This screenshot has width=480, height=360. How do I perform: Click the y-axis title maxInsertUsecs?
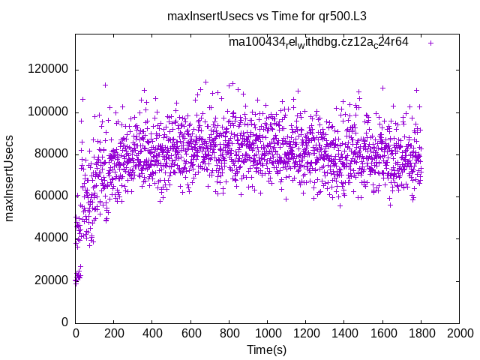pyautogui.click(x=10, y=178)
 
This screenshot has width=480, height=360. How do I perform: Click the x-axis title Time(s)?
pyautogui.click(x=266, y=349)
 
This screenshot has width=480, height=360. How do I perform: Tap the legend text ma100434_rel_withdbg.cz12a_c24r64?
pyautogui.click(x=318, y=42)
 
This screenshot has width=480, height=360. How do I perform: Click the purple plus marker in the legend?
pyautogui.click(x=430, y=43)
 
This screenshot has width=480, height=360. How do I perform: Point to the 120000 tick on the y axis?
pyautogui.click(x=48, y=70)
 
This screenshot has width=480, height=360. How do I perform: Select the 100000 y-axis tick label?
pyautogui.click(x=48, y=112)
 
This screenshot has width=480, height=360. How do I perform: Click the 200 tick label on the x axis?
pyautogui.click(x=113, y=332)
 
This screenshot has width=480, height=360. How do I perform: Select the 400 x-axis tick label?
pyautogui.click(x=152, y=332)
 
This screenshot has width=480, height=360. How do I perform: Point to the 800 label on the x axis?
pyautogui.click(x=229, y=332)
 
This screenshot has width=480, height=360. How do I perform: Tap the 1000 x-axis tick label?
pyautogui.click(x=267, y=332)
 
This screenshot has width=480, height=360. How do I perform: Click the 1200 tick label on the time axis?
pyautogui.click(x=305, y=332)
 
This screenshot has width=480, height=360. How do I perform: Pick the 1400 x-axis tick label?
pyautogui.click(x=343, y=332)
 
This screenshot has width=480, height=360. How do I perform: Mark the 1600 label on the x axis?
pyautogui.click(x=382, y=332)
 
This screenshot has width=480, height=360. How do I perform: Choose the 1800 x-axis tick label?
pyautogui.click(x=421, y=332)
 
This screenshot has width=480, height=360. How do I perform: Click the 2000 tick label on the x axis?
pyautogui.click(x=459, y=332)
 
